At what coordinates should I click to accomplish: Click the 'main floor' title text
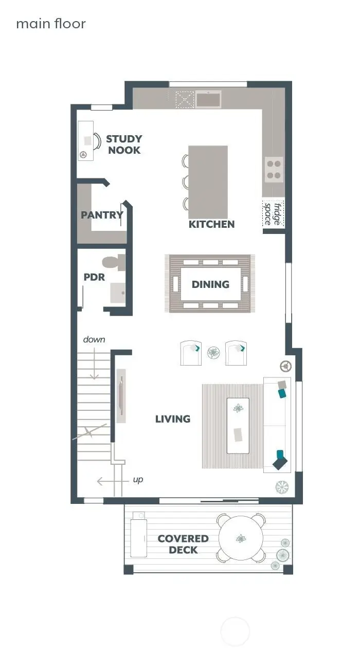[50, 24]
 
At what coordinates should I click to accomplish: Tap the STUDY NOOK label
[124, 144]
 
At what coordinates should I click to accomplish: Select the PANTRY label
[102, 215]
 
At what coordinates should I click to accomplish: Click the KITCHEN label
[211, 224]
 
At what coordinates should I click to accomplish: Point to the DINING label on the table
[210, 284]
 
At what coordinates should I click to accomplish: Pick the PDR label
[94, 277]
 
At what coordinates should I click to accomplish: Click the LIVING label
[173, 419]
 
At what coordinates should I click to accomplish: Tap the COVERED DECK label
[183, 544]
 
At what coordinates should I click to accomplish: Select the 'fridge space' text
[273, 213]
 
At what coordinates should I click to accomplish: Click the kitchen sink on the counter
[208, 99]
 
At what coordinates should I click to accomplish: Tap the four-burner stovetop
[274, 170]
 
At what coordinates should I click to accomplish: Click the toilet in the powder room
[114, 262]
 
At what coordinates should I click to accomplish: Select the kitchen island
[208, 182]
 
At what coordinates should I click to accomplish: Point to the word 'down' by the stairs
[94, 339]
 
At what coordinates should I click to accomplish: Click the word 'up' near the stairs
[138, 480]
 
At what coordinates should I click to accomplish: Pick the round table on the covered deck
[241, 538]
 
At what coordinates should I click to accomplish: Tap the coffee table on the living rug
[238, 425]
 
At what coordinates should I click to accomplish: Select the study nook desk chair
[96, 140]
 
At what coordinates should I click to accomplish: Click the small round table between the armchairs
[213, 353]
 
